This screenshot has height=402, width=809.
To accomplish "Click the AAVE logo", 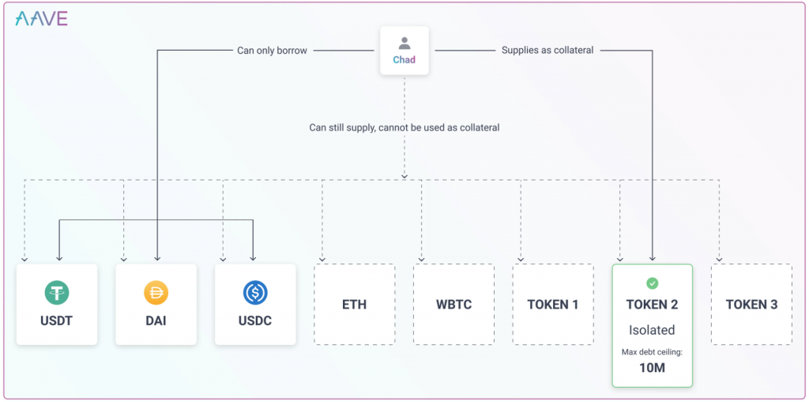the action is click(x=41, y=19).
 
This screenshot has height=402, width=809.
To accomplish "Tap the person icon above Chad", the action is click(x=404, y=44).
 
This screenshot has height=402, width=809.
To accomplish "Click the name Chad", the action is click(x=404, y=59).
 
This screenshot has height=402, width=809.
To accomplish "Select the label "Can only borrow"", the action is click(x=273, y=51).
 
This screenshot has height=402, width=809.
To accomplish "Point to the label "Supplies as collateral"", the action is click(x=548, y=51).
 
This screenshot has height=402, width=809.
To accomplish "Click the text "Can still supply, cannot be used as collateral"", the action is click(x=404, y=127).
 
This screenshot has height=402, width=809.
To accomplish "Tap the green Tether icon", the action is click(x=57, y=292).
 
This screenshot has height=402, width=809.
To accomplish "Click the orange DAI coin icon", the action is click(x=156, y=292).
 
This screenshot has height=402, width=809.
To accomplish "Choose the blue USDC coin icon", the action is click(x=255, y=292).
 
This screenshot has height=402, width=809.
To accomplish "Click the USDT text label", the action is click(x=57, y=320).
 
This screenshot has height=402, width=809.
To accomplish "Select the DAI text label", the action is click(x=156, y=320).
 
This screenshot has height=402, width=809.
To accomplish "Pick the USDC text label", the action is click(x=255, y=320).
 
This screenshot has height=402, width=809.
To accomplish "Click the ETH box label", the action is click(x=355, y=305).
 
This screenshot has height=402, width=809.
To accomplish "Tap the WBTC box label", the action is click(x=453, y=305).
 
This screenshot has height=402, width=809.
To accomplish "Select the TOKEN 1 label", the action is click(x=552, y=305).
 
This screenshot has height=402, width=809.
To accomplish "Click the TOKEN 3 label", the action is click(x=751, y=305).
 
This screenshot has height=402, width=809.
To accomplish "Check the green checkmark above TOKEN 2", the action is click(x=652, y=283).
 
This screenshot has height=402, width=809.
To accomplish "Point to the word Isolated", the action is click(x=652, y=330).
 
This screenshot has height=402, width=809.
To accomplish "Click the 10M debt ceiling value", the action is click(x=652, y=369).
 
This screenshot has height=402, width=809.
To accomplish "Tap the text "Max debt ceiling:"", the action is click(x=652, y=352).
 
